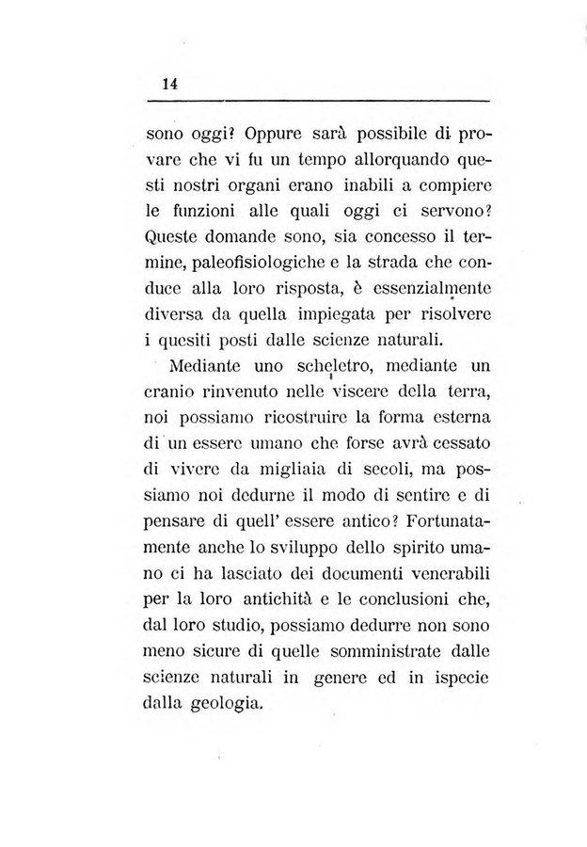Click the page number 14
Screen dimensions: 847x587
coord(170,83)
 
